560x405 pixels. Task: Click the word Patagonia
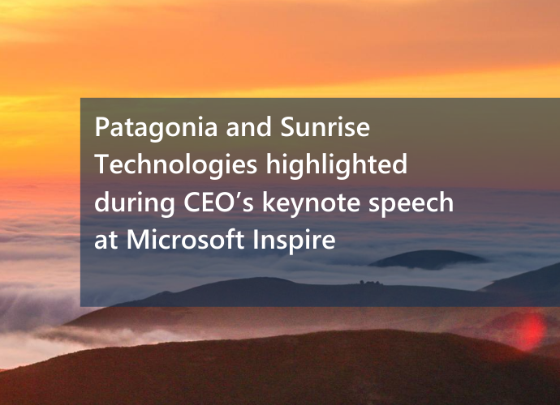156,128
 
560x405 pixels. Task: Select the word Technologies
176,165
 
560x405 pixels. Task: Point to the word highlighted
337,165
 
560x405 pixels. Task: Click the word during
135,203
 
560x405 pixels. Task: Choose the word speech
411,203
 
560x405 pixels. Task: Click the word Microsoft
185,239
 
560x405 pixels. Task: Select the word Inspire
295,241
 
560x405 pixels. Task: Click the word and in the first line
249,127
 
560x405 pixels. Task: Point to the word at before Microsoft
106,241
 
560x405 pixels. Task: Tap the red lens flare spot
531,331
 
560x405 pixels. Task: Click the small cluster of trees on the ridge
370,283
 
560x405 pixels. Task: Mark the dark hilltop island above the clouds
428,259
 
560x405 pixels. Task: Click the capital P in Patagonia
101,127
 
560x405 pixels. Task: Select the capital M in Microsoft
139,240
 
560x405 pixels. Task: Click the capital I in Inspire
256,240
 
